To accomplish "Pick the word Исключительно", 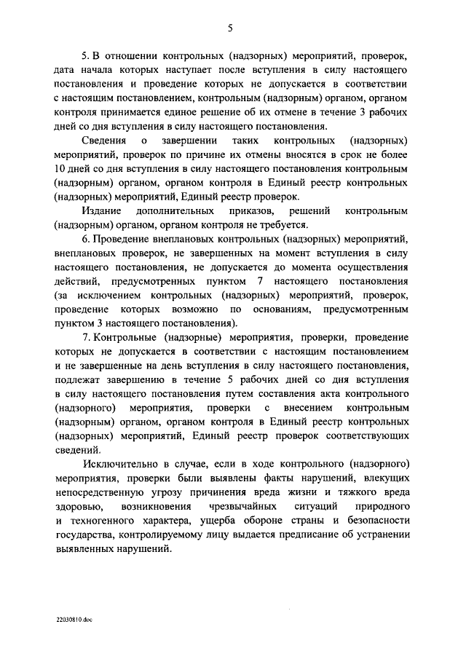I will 121,463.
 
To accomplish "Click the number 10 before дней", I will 60,169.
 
